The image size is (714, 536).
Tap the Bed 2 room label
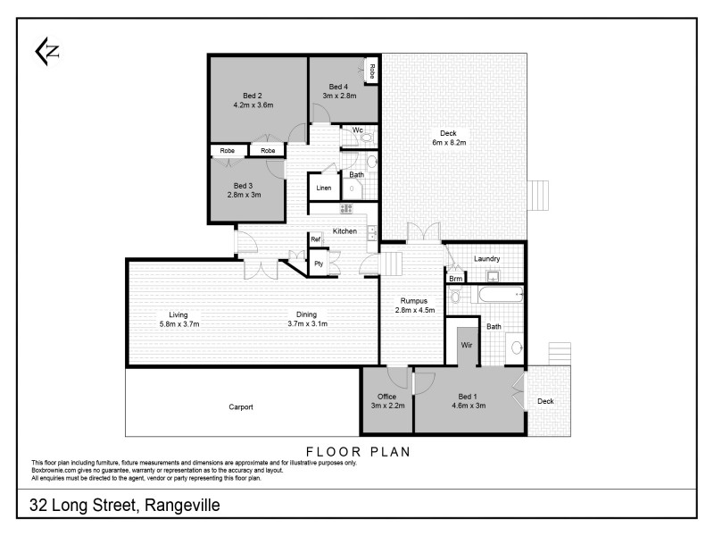[253, 96]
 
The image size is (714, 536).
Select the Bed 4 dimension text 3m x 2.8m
[339, 96]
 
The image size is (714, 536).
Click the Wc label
[356, 130]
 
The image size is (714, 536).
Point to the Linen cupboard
[324, 188]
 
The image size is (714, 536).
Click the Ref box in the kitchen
[315, 239]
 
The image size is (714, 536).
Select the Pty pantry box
[318, 264]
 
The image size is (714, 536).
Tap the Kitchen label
[345, 231]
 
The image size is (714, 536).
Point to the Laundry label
[486, 259]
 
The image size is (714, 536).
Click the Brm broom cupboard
[455, 279]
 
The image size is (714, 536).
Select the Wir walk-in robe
[466, 344]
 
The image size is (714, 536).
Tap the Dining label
[308, 314]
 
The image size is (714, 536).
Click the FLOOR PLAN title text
[358, 451]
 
